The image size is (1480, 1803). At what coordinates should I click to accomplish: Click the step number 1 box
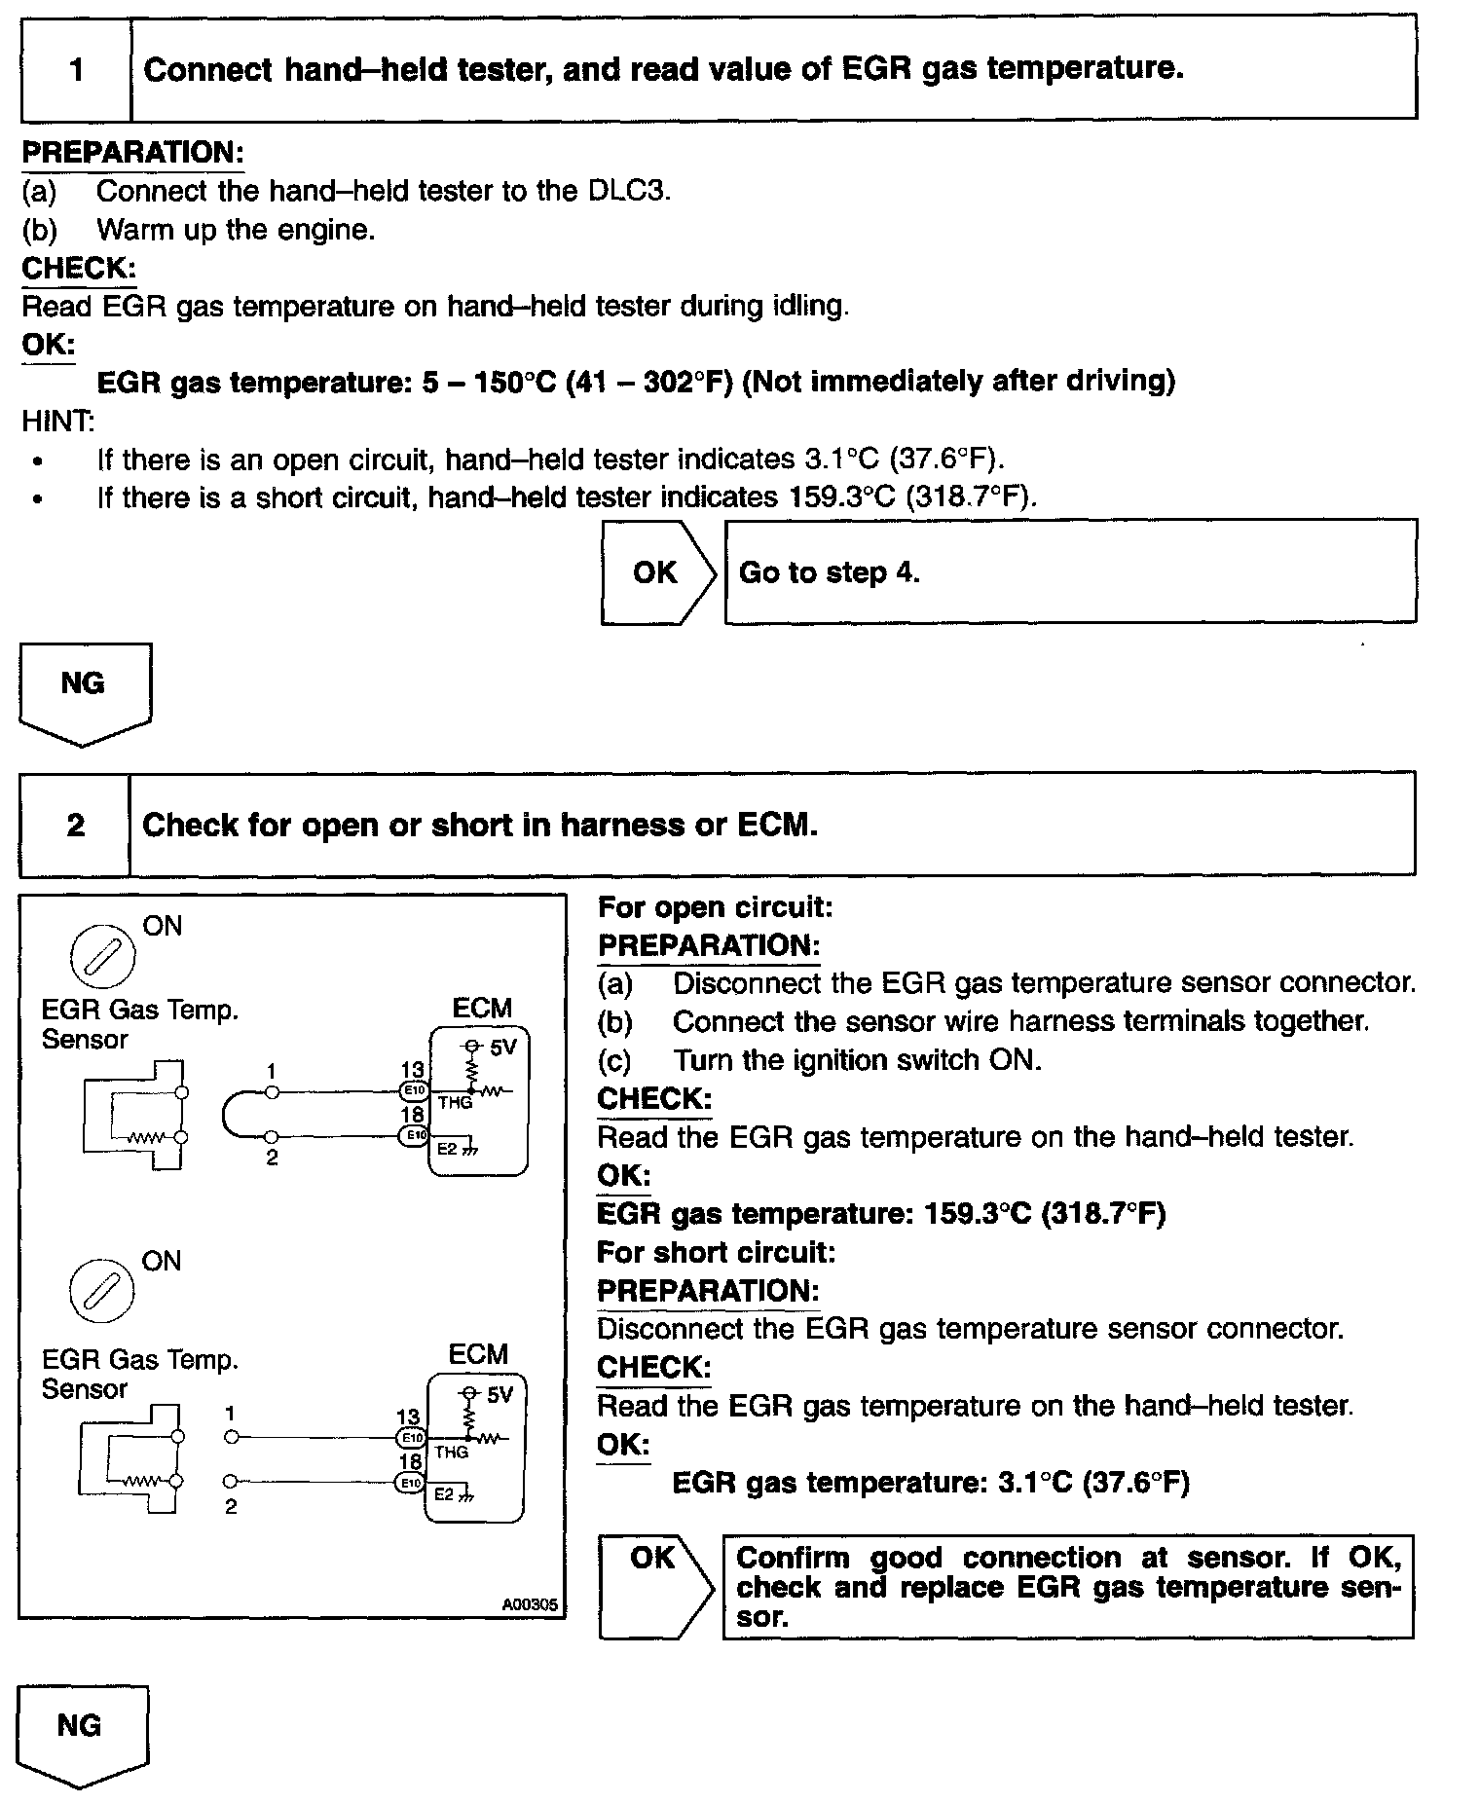76,70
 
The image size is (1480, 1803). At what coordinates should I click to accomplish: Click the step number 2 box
75,826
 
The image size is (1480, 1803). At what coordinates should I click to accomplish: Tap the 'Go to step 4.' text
829,572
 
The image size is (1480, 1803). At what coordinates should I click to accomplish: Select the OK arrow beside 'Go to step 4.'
658,572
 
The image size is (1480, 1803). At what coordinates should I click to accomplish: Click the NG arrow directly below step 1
84,689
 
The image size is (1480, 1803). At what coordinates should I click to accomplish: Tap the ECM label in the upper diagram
482,1009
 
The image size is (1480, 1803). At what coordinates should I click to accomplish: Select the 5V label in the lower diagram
499,1395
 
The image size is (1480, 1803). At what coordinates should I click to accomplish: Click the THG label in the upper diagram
455,1103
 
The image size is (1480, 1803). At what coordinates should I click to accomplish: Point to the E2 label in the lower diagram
444,1494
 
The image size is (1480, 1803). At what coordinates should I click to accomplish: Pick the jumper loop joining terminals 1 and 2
230,1115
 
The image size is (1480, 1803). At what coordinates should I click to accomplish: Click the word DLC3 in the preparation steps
629,191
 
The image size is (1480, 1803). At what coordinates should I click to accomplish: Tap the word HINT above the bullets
58,422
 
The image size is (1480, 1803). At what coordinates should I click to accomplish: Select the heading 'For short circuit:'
716,1252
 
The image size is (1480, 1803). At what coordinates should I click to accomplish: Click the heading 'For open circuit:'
715,907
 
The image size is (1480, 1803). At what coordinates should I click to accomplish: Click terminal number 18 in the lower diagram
410,1461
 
